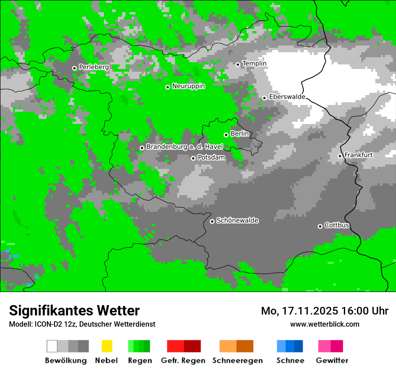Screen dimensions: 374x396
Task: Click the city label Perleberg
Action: click(94, 67)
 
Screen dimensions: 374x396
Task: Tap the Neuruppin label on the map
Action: click(188, 86)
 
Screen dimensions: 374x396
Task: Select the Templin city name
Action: click(254, 64)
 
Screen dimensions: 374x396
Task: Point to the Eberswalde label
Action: click(287, 97)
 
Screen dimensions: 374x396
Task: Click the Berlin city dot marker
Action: click(226, 135)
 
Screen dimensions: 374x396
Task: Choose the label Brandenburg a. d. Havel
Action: click(184, 147)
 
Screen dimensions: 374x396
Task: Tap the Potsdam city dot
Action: click(193, 158)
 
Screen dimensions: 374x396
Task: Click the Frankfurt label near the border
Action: click(359, 155)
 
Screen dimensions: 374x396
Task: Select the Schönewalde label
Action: click(237, 221)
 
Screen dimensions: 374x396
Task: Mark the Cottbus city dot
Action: click(320, 226)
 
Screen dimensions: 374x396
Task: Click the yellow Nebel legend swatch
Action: click(107, 346)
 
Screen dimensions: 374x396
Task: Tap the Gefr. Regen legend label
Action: click(183, 360)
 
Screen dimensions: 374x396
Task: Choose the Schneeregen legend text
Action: click(237, 360)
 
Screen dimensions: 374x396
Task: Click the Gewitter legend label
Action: click(332, 360)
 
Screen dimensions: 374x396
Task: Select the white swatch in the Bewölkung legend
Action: click(52, 346)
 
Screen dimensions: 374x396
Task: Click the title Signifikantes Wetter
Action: click(74, 310)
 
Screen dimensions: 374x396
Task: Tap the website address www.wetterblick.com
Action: click(324, 324)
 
